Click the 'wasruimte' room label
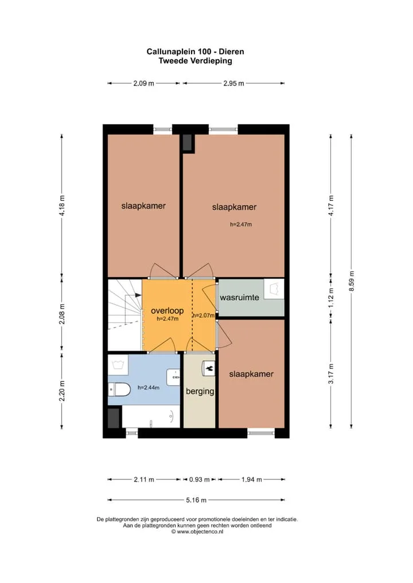[x=239, y=297]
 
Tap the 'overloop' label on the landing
[x=167, y=311]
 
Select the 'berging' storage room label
[x=200, y=391]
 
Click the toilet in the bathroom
[x=119, y=389]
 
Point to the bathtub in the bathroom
[x=151, y=416]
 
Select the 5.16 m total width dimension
[x=196, y=500]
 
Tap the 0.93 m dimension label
[x=199, y=480]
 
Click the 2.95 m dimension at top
[x=234, y=83]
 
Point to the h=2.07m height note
[x=204, y=316]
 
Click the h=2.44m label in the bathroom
[x=149, y=388]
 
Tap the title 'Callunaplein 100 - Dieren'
[x=195, y=52]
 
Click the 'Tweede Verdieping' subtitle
[x=195, y=61]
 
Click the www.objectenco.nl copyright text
[x=197, y=531]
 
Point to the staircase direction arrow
[x=133, y=295]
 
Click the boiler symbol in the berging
[x=209, y=368]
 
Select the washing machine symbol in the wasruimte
[x=274, y=289]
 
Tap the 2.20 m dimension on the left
[x=62, y=391]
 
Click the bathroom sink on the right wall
[x=174, y=377]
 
